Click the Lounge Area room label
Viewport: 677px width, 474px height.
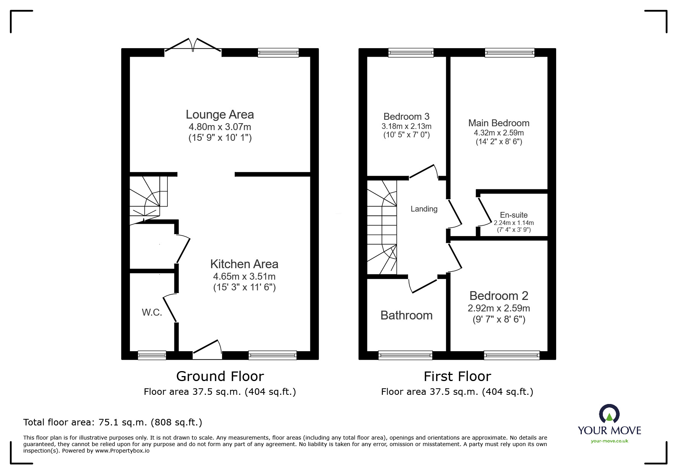tap(220, 114)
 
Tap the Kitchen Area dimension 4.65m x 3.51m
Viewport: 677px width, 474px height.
tap(244, 276)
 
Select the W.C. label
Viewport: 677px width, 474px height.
tap(152, 313)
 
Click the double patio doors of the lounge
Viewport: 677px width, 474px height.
tap(193, 45)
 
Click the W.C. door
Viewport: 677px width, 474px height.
tap(171, 308)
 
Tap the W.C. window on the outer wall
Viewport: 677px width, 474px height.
tap(152, 355)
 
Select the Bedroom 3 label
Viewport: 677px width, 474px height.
tap(406, 116)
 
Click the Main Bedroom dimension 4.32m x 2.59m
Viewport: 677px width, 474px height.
tap(499, 133)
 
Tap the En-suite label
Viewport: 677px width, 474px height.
tap(514, 215)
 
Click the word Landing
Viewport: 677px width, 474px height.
tap(424, 209)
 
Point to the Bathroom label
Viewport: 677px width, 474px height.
tap(406, 315)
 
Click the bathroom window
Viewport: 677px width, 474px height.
tap(406, 355)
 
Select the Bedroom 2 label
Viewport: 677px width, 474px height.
tap(499, 296)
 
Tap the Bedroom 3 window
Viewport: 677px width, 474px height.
tap(411, 53)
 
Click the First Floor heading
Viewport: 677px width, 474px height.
tap(457, 376)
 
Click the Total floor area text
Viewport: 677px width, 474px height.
tap(113, 422)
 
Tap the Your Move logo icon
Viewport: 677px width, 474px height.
tap(609, 414)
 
